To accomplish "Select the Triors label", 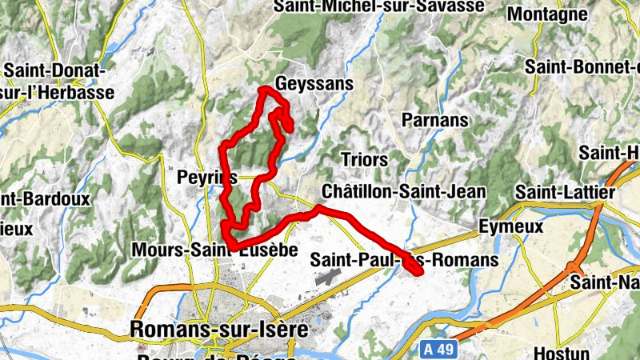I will coord(364,158).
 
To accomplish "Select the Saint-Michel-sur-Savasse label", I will coord(378,6).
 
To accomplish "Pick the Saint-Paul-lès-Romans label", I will coord(404,260).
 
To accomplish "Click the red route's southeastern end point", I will coord(418,273).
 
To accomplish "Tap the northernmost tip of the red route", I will coord(263,88).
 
